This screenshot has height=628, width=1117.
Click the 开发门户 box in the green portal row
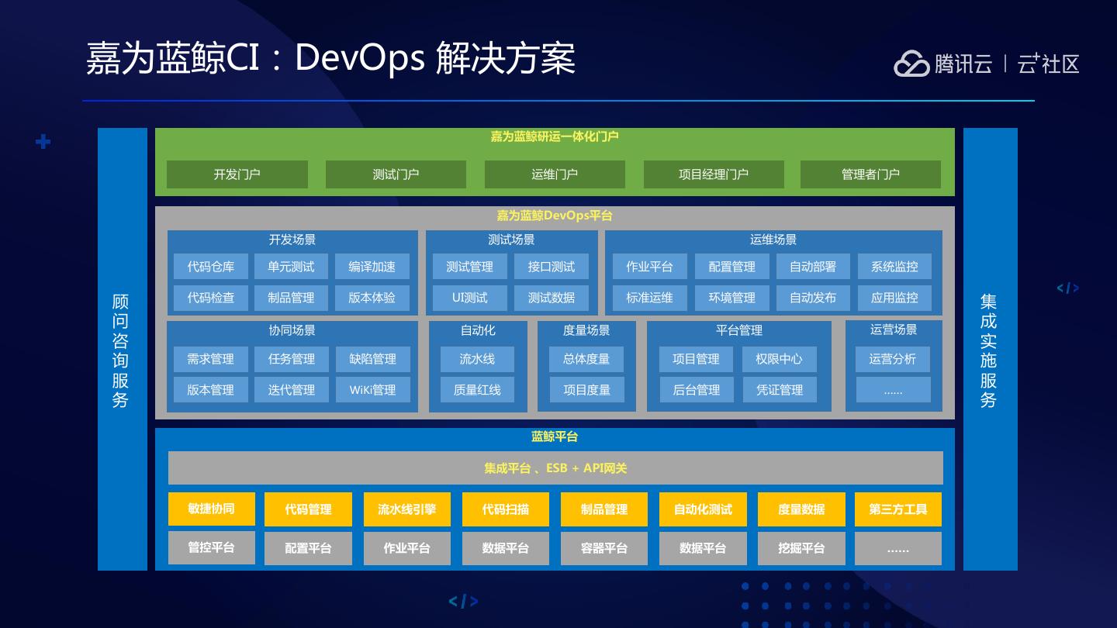237,174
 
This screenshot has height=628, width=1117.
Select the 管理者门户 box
870,174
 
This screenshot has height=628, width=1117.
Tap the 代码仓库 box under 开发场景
210,267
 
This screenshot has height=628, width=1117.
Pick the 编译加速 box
372,267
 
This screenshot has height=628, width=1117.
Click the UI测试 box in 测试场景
470,298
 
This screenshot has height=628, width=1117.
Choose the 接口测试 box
551,267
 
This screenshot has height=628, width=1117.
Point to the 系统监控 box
894,267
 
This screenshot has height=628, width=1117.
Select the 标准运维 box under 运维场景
650,298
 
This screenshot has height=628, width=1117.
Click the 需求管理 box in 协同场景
210,359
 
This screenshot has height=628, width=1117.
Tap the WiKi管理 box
372,390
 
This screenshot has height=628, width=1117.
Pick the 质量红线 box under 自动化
477,390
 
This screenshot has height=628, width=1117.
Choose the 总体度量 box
586,359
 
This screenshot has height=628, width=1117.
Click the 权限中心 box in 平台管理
780,359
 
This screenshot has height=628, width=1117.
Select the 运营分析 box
893,359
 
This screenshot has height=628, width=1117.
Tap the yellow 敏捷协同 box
212,509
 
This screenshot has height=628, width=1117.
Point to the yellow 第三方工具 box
898,509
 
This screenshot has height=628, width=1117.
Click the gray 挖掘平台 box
801,548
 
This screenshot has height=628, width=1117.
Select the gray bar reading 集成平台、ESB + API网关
555,468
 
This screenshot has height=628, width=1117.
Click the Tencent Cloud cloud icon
911,64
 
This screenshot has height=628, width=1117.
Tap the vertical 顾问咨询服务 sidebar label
120,350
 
